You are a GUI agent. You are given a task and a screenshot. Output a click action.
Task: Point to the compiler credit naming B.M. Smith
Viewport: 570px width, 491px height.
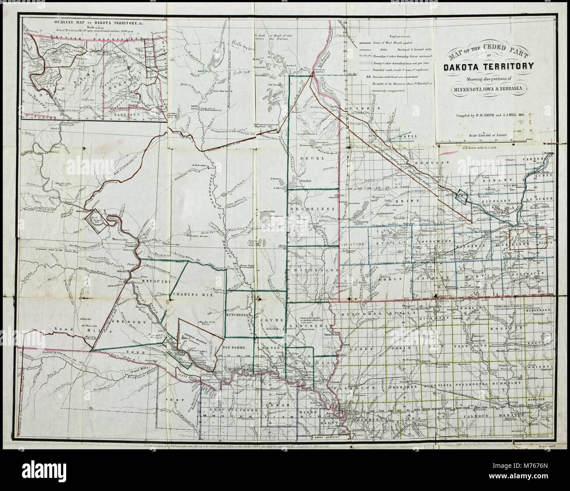click(488, 116)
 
